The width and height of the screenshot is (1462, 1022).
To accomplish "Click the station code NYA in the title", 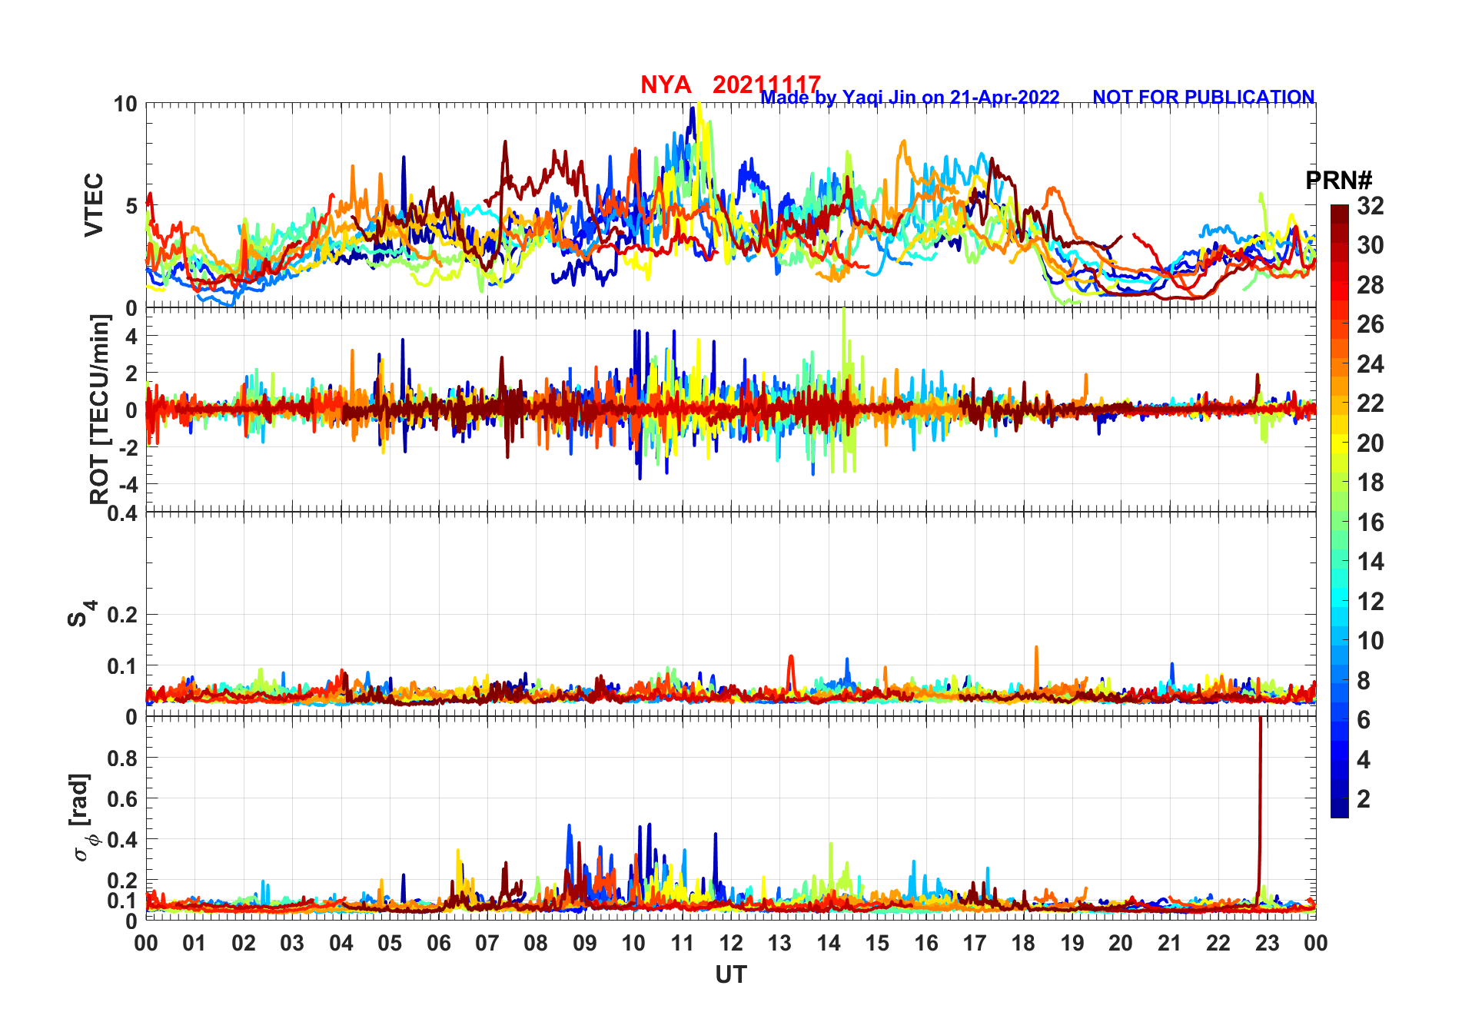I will [x=666, y=85].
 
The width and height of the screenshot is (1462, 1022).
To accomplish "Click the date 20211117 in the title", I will [x=766, y=85].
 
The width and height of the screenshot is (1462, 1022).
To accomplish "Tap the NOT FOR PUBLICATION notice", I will [x=1203, y=98].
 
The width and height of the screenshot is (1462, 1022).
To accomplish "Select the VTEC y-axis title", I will [x=94, y=205].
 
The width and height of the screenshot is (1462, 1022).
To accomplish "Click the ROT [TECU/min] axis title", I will [x=99, y=410].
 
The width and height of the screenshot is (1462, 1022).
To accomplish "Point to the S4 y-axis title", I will [x=80, y=615].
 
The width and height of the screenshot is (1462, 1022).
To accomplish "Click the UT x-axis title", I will [x=730, y=974].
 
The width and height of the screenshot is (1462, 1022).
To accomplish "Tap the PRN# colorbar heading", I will [x=1338, y=181].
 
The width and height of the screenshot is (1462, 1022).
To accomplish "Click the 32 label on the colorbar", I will [x=1370, y=206].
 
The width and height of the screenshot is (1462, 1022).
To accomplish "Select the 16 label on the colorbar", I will [x=1370, y=523].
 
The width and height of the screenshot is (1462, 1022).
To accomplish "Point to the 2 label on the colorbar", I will [x=1364, y=799].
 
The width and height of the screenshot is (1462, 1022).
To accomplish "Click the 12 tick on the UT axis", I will [x=731, y=943].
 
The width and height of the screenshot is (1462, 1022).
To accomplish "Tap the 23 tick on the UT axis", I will [x=1267, y=943].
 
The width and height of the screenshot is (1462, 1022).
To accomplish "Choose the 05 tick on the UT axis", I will [x=390, y=943].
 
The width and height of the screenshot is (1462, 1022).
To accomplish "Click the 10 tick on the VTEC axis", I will [x=125, y=105].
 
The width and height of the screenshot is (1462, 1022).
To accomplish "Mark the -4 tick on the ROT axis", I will [x=128, y=484].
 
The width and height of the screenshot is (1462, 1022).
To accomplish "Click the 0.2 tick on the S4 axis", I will [x=122, y=615].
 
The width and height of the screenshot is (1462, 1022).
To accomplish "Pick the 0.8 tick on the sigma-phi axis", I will [x=122, y=758].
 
